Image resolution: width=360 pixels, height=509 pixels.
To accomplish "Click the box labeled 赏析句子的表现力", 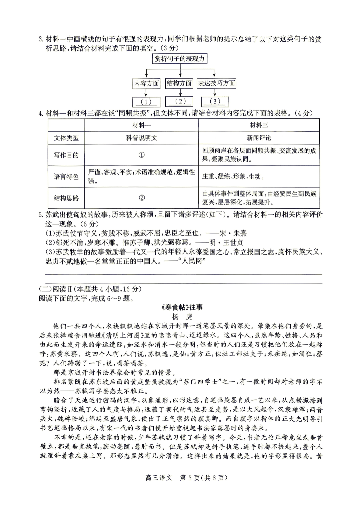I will (x=179, y=59).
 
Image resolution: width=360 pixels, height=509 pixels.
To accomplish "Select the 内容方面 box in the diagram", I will (x=146, y=83).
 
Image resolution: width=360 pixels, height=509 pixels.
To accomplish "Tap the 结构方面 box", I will (x=179, y=83).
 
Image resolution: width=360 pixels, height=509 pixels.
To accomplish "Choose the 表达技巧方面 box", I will (x=216, y=83).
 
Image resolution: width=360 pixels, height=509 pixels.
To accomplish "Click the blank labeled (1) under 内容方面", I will (x=146, y=102).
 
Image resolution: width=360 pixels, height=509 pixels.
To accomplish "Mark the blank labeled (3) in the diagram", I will (x=215, y=102).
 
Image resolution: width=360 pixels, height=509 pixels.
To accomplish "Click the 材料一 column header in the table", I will (x=141, y=125).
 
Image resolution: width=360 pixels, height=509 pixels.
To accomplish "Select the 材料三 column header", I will (x=259, y=125).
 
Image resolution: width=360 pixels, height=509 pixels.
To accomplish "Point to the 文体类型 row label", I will (x=66, y=138).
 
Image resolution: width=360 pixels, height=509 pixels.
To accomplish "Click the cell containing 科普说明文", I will (x=141, y=138).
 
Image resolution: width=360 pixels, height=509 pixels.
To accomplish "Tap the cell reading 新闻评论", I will (x=259, y=138).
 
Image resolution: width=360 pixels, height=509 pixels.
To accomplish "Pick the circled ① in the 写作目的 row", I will (x=141, y=155).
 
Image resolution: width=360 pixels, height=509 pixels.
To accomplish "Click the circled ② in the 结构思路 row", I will (x=141, y=198).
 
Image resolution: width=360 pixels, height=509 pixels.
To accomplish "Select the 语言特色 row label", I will (x=66, y=176).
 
